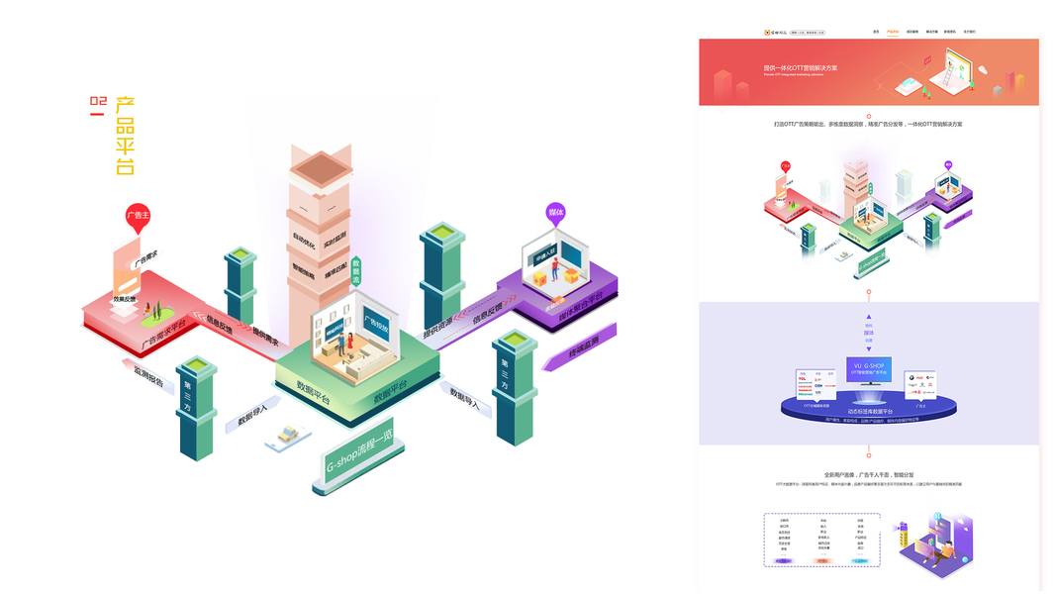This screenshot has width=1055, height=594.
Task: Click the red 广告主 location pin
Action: point(138,217)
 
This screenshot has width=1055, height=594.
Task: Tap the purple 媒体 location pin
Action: point(555,214)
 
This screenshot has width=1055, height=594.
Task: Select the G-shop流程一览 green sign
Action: point(360,463)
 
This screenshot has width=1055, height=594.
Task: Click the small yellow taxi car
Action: point(289,434)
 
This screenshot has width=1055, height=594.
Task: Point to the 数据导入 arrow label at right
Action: point(464,398)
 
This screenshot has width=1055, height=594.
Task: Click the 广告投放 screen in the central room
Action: point(376,324)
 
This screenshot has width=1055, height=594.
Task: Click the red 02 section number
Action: point(97,102)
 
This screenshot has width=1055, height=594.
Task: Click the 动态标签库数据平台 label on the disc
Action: point(868,410)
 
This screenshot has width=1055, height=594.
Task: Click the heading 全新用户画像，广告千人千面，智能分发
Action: point(868,474)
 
